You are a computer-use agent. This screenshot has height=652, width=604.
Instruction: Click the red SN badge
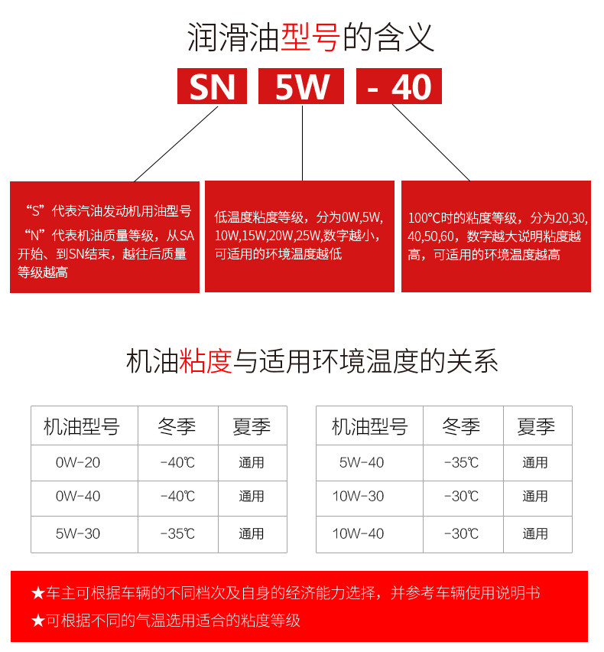(212, 86)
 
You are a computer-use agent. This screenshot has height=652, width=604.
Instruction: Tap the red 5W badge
(301, 86)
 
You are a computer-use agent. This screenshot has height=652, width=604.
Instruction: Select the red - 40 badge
(399, 86)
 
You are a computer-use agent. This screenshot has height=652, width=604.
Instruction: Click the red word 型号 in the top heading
(310, 37)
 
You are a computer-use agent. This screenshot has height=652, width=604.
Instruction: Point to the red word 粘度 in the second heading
(205, 360)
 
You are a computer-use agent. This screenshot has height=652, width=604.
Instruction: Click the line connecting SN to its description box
(176, 144)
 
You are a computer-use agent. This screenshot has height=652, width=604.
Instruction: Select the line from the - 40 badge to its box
(430, 142)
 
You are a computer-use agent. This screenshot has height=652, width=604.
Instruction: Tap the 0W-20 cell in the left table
(78, 463)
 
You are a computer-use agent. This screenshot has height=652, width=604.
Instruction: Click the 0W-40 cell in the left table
(78, 497)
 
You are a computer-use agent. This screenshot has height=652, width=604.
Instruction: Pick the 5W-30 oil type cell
(78, 533)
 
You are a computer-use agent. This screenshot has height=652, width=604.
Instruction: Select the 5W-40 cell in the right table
(362, 463)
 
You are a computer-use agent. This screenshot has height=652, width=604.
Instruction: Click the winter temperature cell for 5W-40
(462, 463)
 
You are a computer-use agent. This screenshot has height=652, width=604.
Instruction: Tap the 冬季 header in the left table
(177, 427)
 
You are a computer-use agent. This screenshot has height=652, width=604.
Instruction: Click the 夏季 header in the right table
(536, 427)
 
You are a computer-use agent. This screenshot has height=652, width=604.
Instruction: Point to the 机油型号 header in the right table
(369, 427)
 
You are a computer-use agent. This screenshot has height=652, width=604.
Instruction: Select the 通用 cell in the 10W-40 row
(535, 533)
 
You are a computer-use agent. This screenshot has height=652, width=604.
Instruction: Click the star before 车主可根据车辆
(38, 593)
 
